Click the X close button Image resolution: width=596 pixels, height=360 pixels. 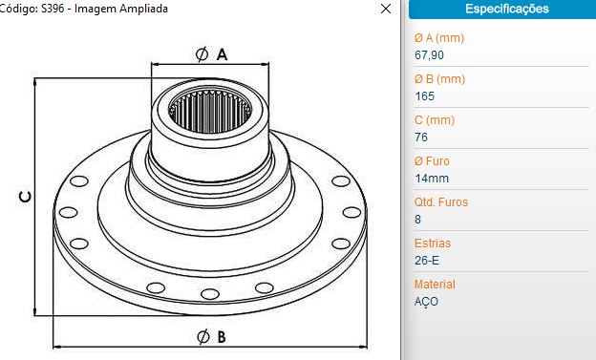point(386,9)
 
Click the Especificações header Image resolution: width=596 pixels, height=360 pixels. point(507,9)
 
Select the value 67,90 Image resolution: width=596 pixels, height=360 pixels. point(429,55)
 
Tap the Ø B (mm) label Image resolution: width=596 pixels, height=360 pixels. point(439,79)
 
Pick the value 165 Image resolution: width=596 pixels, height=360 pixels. point(425,96)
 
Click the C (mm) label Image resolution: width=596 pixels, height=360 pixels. point(435,120)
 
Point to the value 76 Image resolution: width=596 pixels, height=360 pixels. point(421,138)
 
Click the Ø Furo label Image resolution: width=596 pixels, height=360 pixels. point(432,161)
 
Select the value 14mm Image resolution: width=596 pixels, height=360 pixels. point(432,179)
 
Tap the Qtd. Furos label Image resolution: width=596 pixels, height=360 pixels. point(441,202)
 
